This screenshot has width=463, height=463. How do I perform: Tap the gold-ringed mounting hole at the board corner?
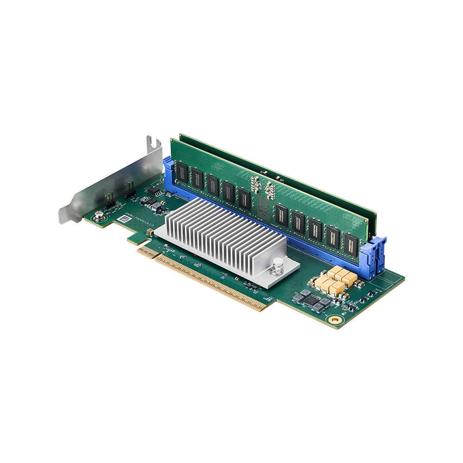335,320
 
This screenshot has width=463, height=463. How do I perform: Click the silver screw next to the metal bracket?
98,214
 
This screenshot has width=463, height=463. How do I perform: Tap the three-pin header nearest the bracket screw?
110,199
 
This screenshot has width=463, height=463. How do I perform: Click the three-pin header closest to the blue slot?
130,188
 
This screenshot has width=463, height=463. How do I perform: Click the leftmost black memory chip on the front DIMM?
183,173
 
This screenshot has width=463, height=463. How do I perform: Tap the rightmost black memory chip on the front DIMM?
351,245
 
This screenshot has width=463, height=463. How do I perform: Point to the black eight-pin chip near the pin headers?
158,192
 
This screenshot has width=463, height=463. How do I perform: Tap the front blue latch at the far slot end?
374,253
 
